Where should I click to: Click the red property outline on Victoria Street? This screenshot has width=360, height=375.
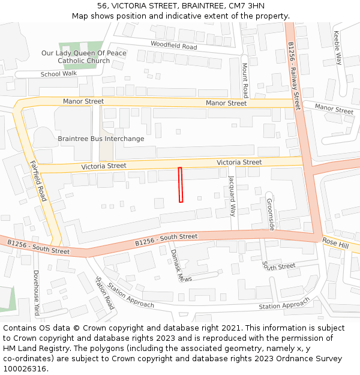point(180,185)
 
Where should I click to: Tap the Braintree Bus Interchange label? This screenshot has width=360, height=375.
point(101,139)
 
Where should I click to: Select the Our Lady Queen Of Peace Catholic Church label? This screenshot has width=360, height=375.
point(83,57)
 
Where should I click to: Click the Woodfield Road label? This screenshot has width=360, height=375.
point(173,46)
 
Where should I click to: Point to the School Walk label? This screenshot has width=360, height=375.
point(59,74)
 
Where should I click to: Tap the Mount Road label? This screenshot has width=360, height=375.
point(245,80)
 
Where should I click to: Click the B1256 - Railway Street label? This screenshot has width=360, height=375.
point(293,76)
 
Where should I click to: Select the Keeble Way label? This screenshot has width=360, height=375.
point(338,48)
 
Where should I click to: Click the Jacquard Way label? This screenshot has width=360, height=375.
point(232,195)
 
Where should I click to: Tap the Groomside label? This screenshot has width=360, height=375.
point(270,214)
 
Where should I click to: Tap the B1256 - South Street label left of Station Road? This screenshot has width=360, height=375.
point(38,246)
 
